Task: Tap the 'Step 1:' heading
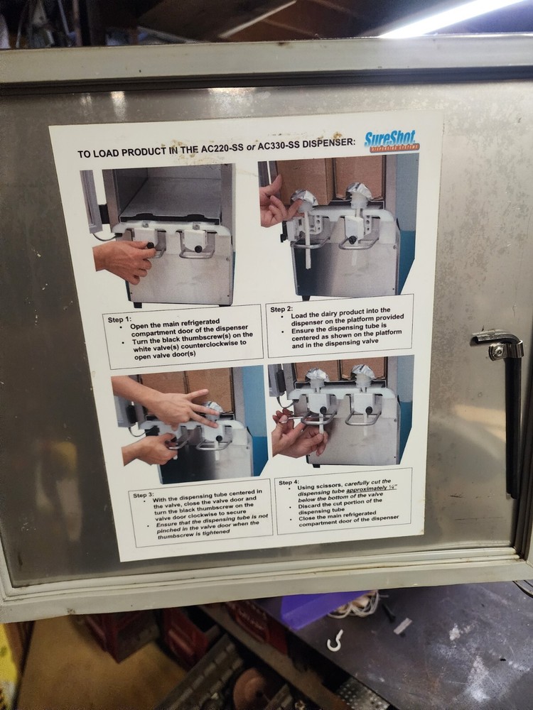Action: tap(119, 319)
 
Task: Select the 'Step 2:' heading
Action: tap(281, 309)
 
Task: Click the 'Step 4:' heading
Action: tap(289, 482)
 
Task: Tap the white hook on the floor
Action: tap(335, 640)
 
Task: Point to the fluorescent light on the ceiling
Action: tap(455, 16)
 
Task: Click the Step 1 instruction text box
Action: tap(183, 337)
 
